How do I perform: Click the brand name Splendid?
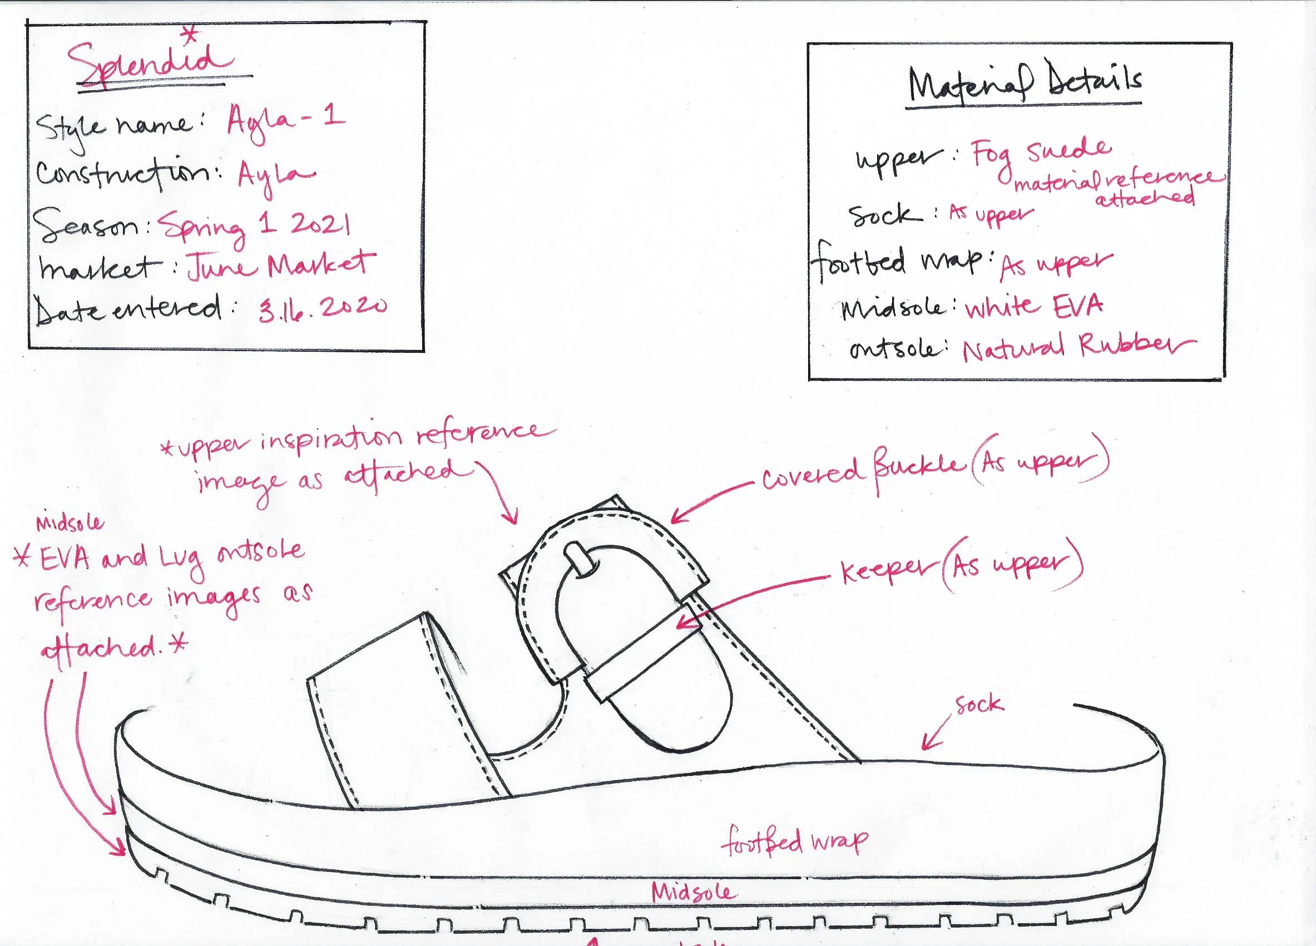(150, 65)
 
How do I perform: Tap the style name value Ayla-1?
(285, 121)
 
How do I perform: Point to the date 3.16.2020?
(322, 308)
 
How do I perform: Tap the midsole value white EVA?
(1033, 307)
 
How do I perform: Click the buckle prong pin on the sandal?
(578, 559)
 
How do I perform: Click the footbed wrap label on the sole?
(794, 842)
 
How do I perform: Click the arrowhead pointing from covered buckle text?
(675, 519)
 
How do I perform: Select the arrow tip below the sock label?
(925, 747)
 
